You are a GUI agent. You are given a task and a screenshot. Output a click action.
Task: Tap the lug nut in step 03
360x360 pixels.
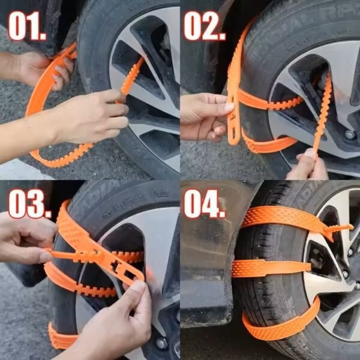pyautogui.click(x=161, y=343)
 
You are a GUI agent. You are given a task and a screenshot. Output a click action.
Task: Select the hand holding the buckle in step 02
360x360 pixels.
pyautogui.click(x=204, y=114)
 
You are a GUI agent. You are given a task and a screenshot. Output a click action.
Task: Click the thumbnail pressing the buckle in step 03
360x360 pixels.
pyautogui.click(x=137, y=287)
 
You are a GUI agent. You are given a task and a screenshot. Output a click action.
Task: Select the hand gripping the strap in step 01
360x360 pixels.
pyautogui.click(x=96, y=117)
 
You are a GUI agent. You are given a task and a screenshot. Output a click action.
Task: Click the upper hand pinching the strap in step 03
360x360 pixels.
pyautogui.click(x=27, y=237)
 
